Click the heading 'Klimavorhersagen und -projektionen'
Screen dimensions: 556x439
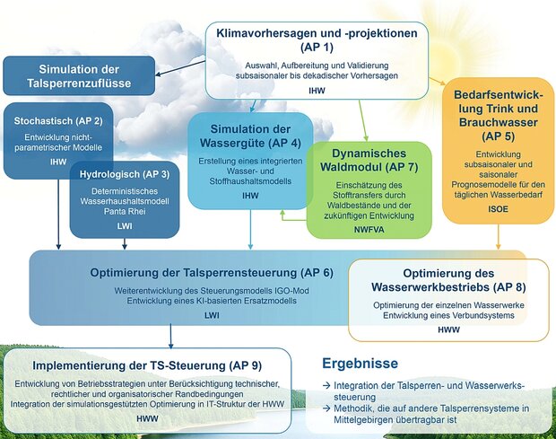pyautogui.click(x=317, y=33)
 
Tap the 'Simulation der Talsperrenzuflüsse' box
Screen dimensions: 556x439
pyautogui.click(x=79, y=75)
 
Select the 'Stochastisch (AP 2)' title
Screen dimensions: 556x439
pyautogui.click(x=58, y=121)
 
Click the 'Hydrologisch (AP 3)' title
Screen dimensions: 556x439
pyautogui.click(x=125, y=174)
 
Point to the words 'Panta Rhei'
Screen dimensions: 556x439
pyautogui.click(x=125, y=212)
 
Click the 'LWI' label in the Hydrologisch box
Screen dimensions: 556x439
pyautogui.click(x=125, y=226)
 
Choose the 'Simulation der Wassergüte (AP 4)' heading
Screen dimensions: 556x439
pyautogui.click(x=250, y=136)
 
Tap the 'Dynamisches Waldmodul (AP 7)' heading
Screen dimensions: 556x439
pyautogui.click(x=369, y=160)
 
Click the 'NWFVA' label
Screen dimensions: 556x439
pyautogui.click(x=369, y=230)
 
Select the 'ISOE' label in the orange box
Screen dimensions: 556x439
pyautogui.click(x=499, y=209)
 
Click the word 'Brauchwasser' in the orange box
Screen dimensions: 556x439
pyautogui.click(x=499, y=122)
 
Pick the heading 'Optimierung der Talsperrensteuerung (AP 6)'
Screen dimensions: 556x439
pyautogui.click(x=212, y=273)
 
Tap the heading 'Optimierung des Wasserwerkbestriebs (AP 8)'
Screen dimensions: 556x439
pyautogui.click(x=448, y=280)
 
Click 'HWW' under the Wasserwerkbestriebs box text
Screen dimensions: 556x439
pyautogui.click(x=448, y=330)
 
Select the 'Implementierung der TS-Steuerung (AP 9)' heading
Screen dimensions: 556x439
pyautogui.click(x=147, y=365)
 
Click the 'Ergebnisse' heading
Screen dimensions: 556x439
pyautogui.click(x=360, y=364)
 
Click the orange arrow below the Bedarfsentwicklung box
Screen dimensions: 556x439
pyautogui.click(x=499, y=237)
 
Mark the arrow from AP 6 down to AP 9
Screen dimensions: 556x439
pyautogui.click(x=170, y=336)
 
